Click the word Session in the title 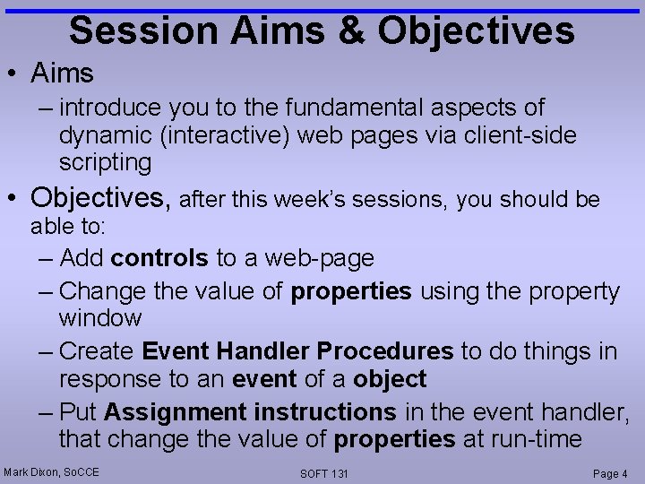point(143,30)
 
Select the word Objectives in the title point(476,30)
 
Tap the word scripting point(105,162)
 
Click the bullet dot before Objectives point(14,196)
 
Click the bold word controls point(159,259)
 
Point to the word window point(100,317)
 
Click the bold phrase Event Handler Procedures point(297,351)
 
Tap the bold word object point(390,379)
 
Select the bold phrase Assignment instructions point(250,412)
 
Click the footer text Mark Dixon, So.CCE point(51,471)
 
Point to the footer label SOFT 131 point(324,473)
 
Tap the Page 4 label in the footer point(610,473)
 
